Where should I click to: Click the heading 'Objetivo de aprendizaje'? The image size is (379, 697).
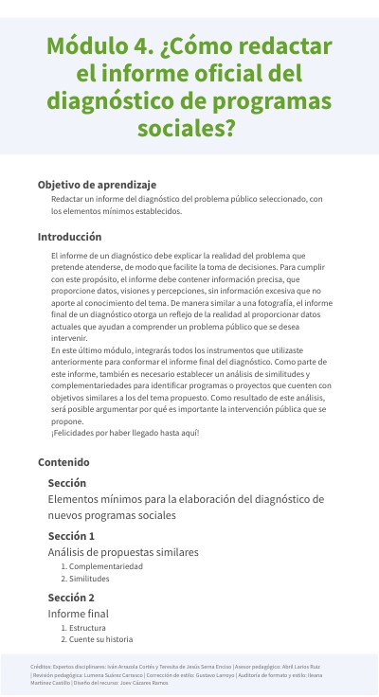point(97,185)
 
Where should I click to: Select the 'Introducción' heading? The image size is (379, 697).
point(69,237)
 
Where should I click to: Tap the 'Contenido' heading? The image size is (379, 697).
point(63,462)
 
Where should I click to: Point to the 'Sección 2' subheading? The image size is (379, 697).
point(71,598)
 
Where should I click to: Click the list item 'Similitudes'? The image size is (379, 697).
point(89,579)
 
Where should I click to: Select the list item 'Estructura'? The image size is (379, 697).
point(87,627)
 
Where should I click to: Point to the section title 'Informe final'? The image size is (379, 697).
point(78,614)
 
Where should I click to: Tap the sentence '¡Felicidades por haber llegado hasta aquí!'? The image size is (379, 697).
point(125,433)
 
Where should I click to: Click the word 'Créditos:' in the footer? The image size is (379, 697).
point(41,667)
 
